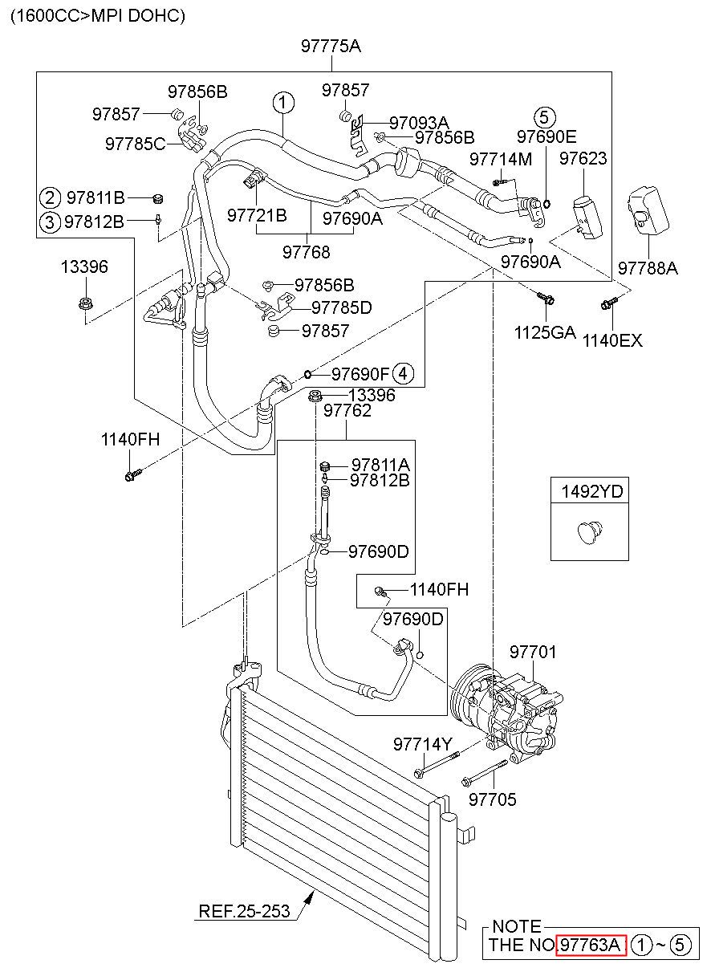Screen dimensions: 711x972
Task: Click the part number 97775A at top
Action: point(331,46)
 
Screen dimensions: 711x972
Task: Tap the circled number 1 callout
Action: point(283,103)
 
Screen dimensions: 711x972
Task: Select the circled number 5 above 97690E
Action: point(544,118)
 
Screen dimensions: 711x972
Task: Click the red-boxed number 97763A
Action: point(591,944)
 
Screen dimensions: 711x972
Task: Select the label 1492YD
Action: point(591,491)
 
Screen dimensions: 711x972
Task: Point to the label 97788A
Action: point(648,268)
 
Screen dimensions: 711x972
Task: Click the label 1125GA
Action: point(544,333)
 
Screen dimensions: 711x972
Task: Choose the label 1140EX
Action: point(612,340)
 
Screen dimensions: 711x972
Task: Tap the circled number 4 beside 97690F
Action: point(403,373)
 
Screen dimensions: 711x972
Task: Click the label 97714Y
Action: point(423,745)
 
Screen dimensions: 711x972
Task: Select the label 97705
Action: point(493,799)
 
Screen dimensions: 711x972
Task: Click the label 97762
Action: point(347,410)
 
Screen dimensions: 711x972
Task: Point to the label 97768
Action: point(307,252)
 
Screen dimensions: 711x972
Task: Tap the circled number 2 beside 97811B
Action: point(50,198)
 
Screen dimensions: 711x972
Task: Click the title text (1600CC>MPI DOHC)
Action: point(98,16)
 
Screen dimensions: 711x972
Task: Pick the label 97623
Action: point(583,158)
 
